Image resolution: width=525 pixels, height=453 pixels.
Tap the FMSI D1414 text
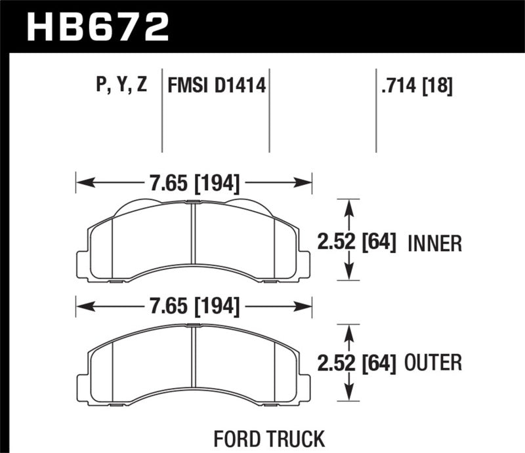click(217, 85)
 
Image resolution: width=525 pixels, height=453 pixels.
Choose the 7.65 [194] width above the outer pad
click(193, 305)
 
